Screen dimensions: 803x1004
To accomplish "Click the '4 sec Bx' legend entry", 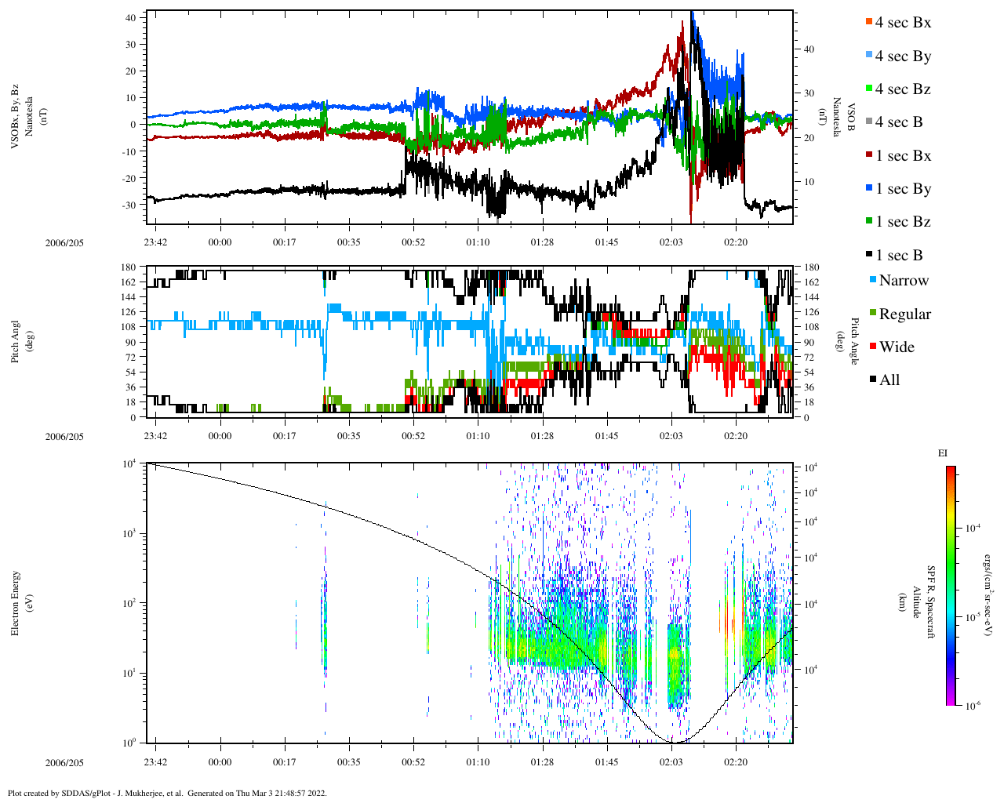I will pyautogui.click(x=902, y=23).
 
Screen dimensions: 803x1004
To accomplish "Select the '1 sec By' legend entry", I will pyautogui.click(x=902, y=189).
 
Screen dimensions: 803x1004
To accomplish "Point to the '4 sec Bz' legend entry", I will pyautogui.click(x=902, y=89).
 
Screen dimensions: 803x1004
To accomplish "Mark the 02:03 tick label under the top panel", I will pyautogui.click(x=671, y=242).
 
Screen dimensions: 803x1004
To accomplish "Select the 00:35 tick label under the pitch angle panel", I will pyautogui.click(x=349, y=436).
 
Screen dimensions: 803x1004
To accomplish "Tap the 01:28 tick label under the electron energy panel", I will pyautogui.click(x=542, y=762).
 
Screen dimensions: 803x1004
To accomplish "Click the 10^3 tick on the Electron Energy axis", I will pyautogui.click(x=129, y=533).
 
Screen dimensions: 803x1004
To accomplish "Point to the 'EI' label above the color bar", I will pyautogui.click(x=943, y=453).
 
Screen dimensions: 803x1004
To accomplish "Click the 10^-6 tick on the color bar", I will pyautogui.click(x=971, y=706).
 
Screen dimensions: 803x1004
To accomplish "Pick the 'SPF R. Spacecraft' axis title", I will pyautogui.click(x=931, y=602).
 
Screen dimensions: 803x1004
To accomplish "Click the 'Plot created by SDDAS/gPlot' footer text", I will pyautogui.click(x=166, y=793).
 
